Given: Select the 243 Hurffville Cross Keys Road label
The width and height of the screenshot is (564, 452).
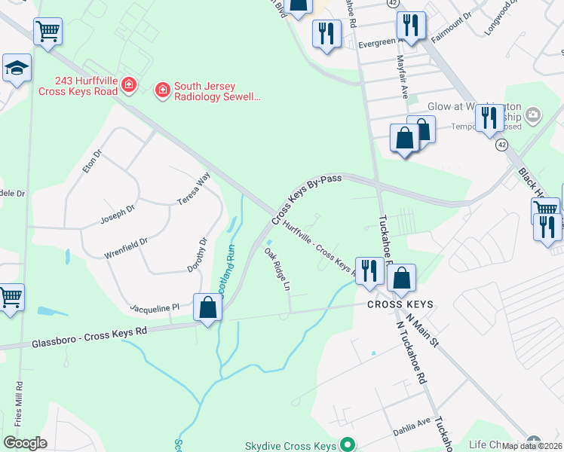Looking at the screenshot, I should point(86,86).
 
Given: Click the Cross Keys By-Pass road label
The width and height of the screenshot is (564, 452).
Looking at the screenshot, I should point(306,200).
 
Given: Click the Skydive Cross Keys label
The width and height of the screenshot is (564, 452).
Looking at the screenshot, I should point(290,446).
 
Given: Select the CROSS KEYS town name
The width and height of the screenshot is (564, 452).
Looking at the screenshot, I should point(400,304).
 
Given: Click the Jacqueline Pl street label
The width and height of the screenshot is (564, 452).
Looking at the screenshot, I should point(154,307).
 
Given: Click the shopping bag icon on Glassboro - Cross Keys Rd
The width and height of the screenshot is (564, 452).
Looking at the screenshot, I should point(207,307).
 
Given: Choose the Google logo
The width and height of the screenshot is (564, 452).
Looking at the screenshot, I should point(25,442).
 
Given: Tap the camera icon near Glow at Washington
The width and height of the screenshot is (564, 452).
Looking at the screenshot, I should point(533,115).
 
